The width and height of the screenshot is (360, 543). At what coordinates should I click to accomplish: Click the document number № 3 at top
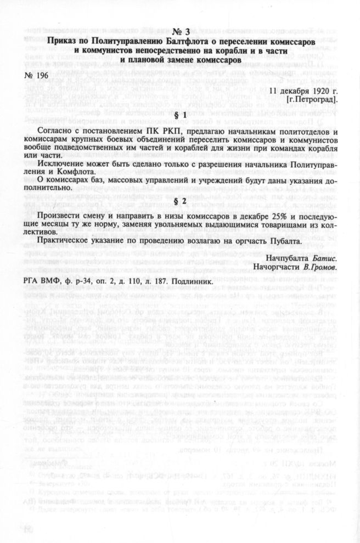[x=180, y=31]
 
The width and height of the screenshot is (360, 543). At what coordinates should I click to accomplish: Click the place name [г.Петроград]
[x=311, y=100]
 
